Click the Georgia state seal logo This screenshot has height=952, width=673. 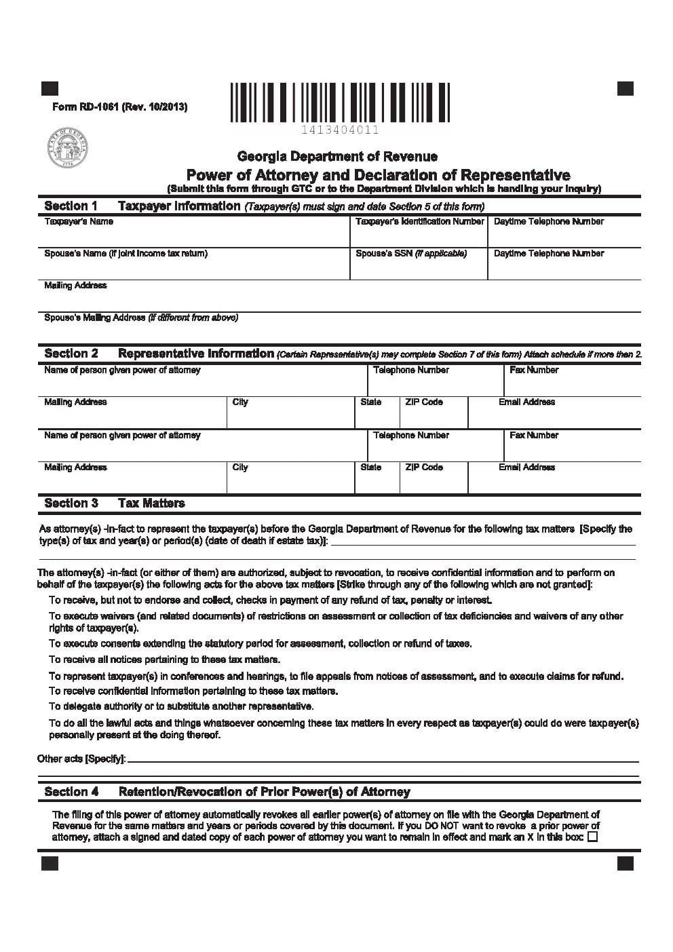click(x=67, y=148)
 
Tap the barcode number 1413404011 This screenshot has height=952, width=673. click(x=341, y=130)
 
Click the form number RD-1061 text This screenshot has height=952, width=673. click(x=119, y=107)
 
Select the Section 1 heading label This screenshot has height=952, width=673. click(x=71, y=206)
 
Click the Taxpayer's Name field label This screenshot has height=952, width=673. click(x=79, y=222)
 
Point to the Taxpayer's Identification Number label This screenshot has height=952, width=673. click(x=419, y=222)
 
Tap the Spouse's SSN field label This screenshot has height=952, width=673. click(x=411, y=254)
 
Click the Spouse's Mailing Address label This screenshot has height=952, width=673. click(x=141, y=318)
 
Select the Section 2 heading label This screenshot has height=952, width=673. click(x=71, y=354)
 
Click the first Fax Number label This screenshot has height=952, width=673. click(x=534, y=370)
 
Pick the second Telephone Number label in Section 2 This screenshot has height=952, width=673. click(x=411, y=436)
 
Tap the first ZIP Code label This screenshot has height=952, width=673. click(x=424, y=402)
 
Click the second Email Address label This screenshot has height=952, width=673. click(x=526, y=468)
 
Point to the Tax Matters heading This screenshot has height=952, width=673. click(x=151, y=503)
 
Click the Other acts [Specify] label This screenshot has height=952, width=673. click(x=81, y=759)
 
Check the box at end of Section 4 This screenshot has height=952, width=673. click(x=592, y=837)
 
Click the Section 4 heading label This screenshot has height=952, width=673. click(x=71, y=792)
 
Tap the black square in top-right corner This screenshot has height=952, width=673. click(x=626, y=89)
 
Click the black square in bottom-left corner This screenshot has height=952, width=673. click(x=50, y=863)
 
